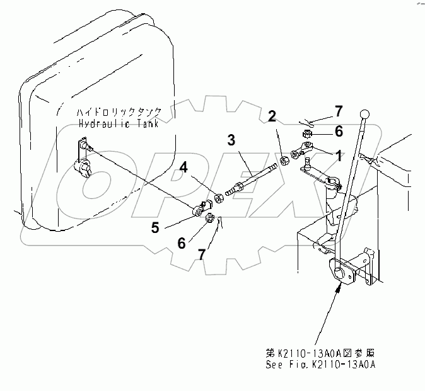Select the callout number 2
(271, 116)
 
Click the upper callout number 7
(339, 111)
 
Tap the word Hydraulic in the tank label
(102, 123)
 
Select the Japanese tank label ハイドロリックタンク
(119, 112)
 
